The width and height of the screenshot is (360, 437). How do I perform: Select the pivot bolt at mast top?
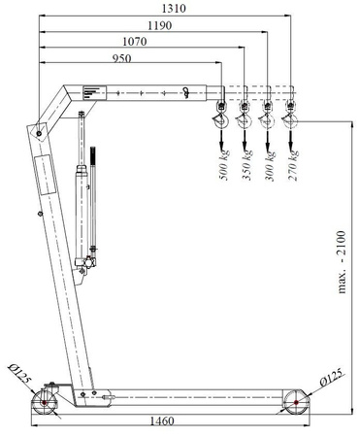tap(38, 129)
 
